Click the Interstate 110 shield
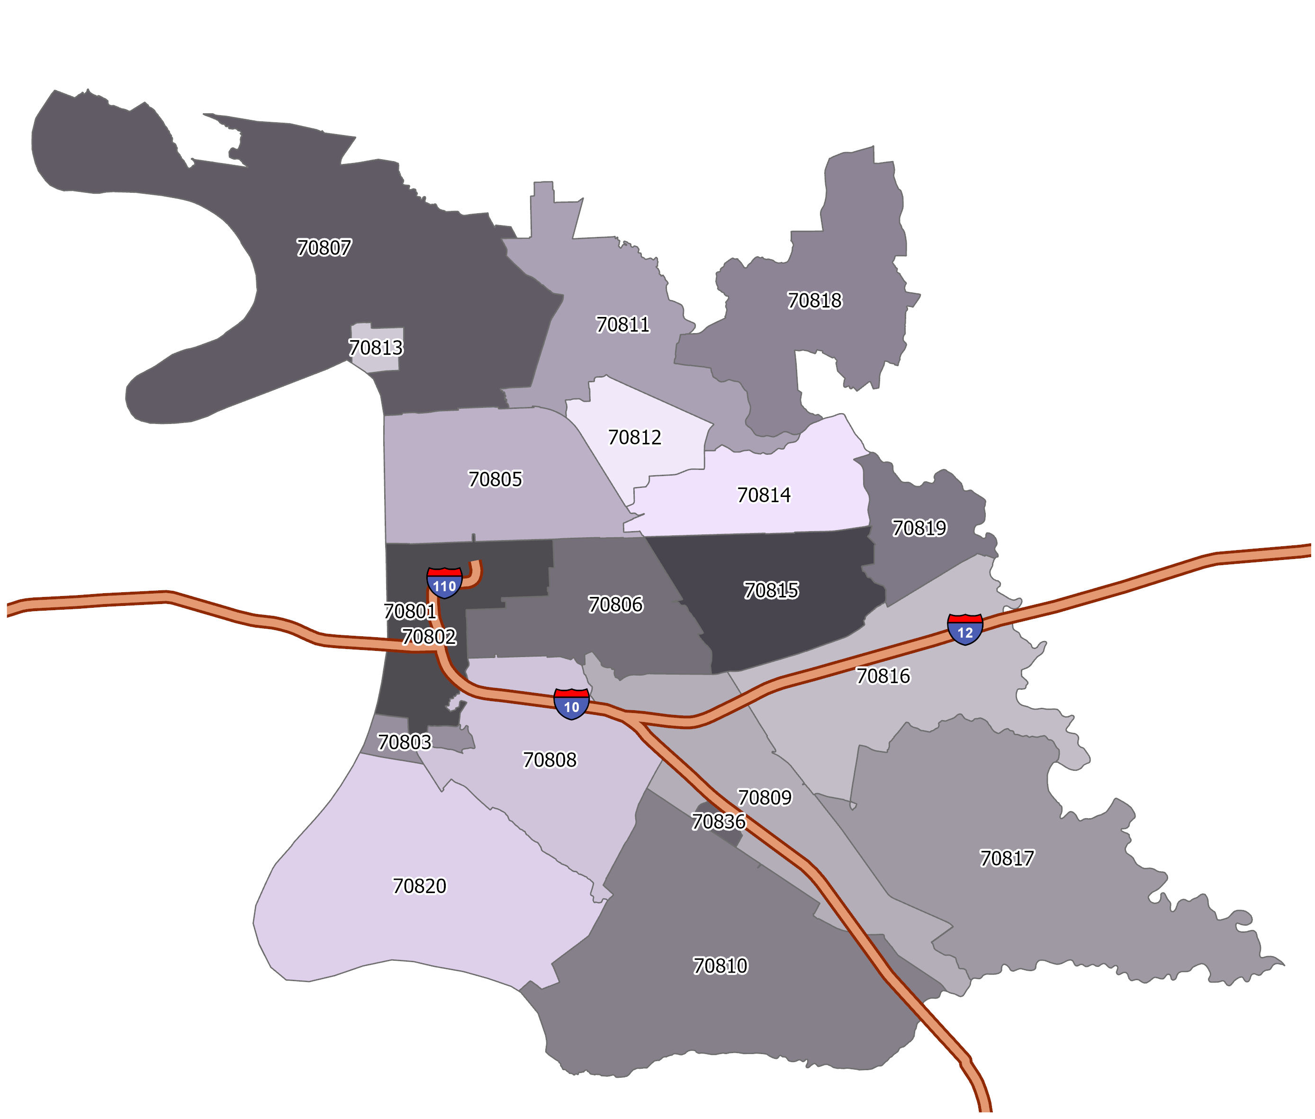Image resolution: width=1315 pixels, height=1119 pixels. tap(444, 583)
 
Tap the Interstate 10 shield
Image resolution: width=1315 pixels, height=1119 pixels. tap(571, 704)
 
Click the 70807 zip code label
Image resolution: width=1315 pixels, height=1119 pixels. tap(324, 247)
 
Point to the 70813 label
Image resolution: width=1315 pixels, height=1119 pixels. tap(376, 348)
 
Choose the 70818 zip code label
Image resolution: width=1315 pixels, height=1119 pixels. tap(814, 300)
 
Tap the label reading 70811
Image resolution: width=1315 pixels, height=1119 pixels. tap(622, 325)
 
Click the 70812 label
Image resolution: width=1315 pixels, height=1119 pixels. tap(634, 437)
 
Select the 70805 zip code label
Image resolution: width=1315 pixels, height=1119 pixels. tap(495, 479)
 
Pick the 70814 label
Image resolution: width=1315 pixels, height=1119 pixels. tap(764, 495)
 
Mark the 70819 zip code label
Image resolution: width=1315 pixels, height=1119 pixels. tap(919, 528)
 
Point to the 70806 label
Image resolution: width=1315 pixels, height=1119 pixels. tap(615, 604)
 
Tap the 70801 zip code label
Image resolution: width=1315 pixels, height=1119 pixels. tap(410, 611)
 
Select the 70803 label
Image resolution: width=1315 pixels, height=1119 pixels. tap(404, 741)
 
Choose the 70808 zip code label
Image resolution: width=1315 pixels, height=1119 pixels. tap(549, 759)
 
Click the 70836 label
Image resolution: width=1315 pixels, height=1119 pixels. tap(718, 821)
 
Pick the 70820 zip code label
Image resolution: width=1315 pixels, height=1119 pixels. tap(419, 885)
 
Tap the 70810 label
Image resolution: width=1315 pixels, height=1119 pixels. tap(720, 966)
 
